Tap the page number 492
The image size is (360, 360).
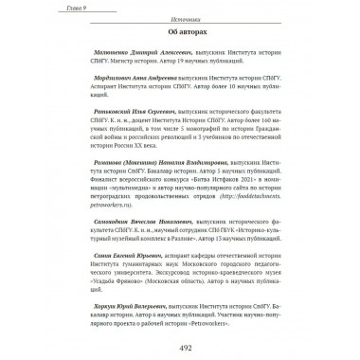pos(179,346)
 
